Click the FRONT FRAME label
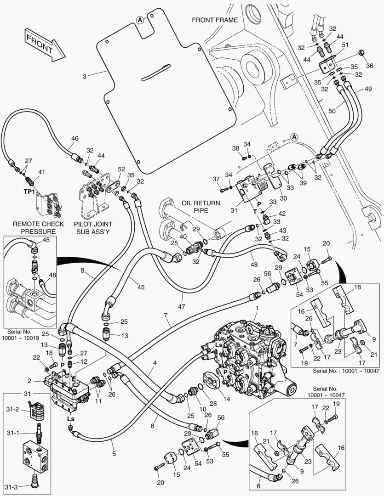[x=214, y=20]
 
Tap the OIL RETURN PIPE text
[x=201, y=207]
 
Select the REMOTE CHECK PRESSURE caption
[x=38, y=227]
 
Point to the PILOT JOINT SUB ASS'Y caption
[x=93, y=227]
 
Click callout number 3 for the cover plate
[x=85, y=76]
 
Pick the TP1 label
[x=29, y=192]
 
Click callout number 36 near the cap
[x=369, y=66]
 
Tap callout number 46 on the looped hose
[x=75, y=138]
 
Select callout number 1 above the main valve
[x=257, y=308]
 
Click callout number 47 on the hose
[x=182, y=306]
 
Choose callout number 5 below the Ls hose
[x=114, y=454]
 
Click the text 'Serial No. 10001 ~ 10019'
[x=20, y=335]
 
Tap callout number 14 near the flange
[x=227, y=399]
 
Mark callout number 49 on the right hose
[x=368, y=89]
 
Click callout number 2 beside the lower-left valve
[x=29, y=381]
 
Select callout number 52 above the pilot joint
[x=121, y=169]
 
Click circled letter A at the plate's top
[x=140, y=20]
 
